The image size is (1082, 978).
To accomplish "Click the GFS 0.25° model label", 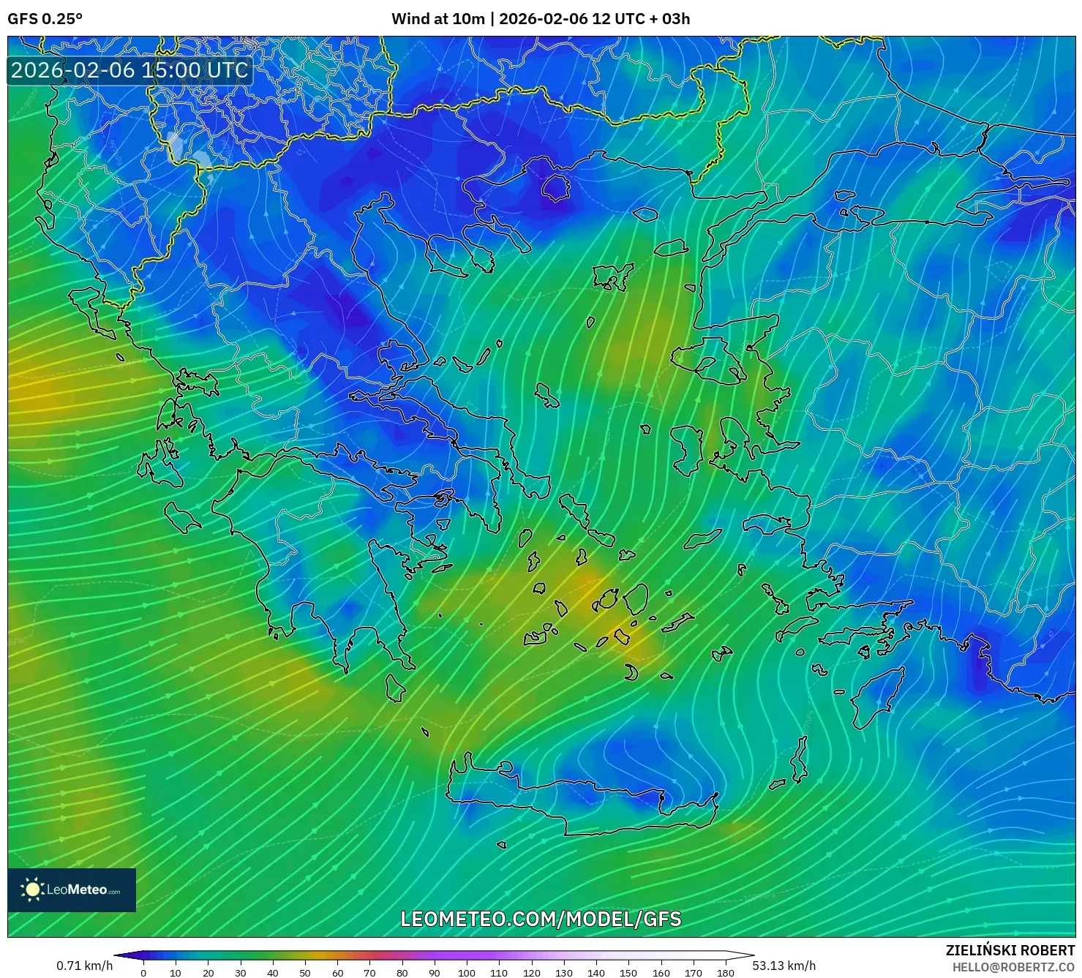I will [45, 19].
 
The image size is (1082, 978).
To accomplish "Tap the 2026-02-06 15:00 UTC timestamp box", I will [129, 70].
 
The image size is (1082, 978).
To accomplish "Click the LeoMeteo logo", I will [72, 889].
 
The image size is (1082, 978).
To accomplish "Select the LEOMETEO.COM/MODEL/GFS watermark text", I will [541, 919].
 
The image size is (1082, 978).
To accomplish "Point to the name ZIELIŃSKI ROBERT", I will [1010, 950].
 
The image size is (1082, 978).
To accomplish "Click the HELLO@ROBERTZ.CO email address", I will [1013, 967].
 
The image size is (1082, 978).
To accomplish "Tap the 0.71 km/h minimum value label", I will [84, 966].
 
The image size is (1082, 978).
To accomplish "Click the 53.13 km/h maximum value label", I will [784, 966].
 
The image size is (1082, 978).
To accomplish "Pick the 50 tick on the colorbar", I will [305, 973].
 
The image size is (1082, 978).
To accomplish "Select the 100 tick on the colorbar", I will [466, 973].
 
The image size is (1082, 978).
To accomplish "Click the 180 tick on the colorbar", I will [725, 973].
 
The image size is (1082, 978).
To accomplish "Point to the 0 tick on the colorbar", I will [143, 973].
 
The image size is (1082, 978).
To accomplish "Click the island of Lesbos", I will [706, 362].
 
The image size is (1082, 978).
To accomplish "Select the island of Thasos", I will [555, 187].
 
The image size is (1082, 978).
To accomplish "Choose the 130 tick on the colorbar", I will [563, 973].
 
